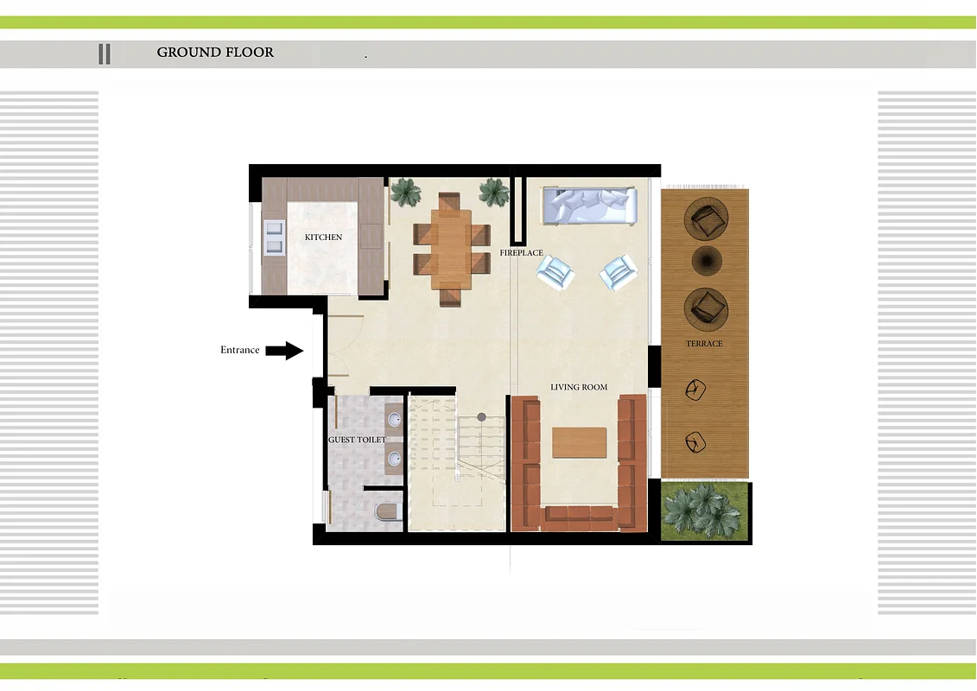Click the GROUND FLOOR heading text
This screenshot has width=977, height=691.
pos(215,52)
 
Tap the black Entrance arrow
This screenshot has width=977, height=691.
pos(283,350)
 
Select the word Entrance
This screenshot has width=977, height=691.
pos(239,350)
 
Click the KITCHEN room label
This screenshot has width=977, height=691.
pos(323,237)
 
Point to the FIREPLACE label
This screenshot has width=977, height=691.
pos(521,253)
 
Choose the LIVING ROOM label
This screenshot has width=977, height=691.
pos(579,387)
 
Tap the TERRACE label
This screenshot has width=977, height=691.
pos(704,344)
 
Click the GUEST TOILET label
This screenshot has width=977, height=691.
pos(357,440)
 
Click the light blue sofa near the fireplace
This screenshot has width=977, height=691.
pos(588,206)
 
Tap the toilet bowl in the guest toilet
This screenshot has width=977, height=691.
pos(386,512)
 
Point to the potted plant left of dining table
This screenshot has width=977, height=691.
pos(404,191)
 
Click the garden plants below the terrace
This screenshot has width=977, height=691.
pos(704,512)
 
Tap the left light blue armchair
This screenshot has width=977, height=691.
pos(555,273)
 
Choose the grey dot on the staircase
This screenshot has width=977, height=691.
pos(482,417)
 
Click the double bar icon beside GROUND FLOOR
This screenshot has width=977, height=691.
pos(105,54)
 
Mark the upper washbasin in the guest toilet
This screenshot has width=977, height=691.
pos(394,421)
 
